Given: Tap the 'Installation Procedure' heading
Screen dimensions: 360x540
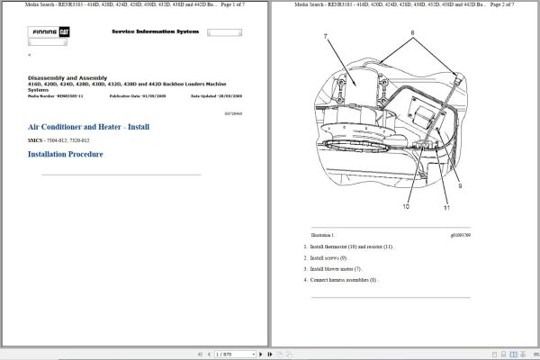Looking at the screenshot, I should [x=65, y=154].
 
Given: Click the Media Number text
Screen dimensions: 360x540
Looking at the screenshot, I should [x=54, y=94].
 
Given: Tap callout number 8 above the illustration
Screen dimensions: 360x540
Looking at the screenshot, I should [x=413, y=31].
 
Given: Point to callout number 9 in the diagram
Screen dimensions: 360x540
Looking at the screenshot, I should [x=459, y=186].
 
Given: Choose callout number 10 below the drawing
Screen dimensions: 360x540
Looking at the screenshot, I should [x=406, y=206].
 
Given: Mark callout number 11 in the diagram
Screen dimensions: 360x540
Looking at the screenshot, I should [x=445, y=208].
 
